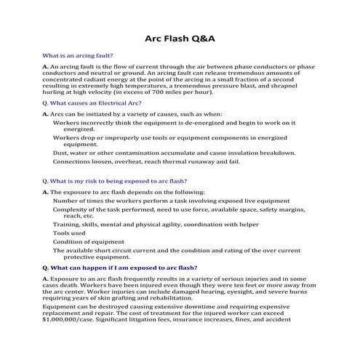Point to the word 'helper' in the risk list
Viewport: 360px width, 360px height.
pos(247,224)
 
